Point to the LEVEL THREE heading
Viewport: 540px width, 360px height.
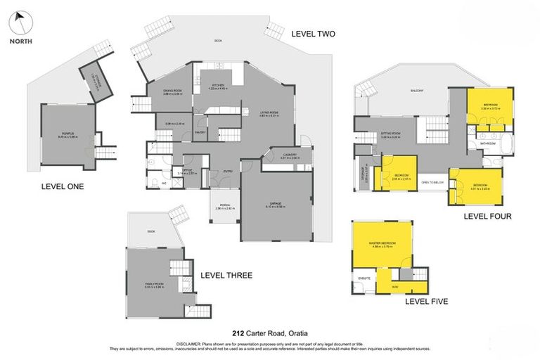tap(226, 275)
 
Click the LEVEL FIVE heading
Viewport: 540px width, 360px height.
tap(426, 301)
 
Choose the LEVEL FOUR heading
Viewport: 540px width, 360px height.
tap(487, 216)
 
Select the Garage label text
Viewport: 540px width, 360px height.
tap(275, 205)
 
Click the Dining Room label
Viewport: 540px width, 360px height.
tap(173, 91)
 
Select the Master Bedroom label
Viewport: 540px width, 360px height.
tap(382, 244)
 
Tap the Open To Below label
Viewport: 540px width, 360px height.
tap(432, 182)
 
